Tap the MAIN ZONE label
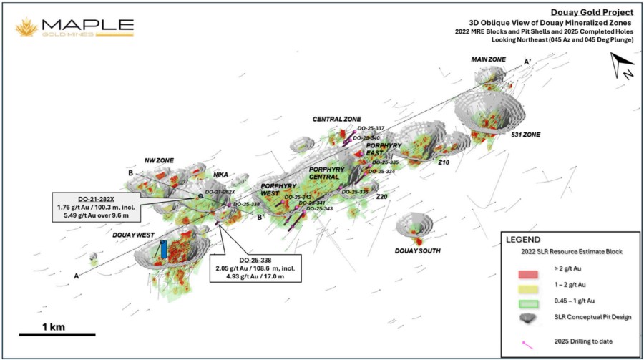(x=489, y=59)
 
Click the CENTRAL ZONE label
(x=336, y=119)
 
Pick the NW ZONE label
(x=160, y=160)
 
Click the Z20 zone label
(x=381, y=196)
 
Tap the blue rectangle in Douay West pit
(x=164, y=249)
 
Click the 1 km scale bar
(x=57, y=334)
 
